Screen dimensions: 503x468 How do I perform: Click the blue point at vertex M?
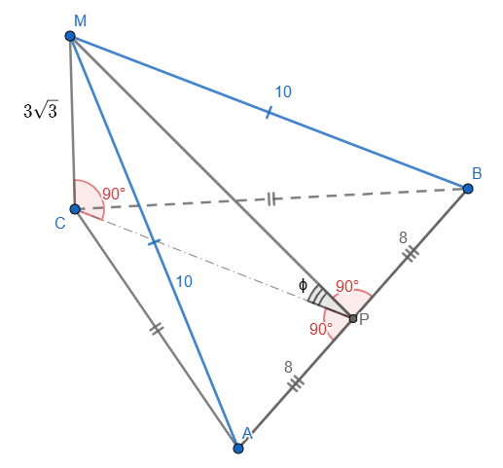pyautogui.click(x=70, y=36)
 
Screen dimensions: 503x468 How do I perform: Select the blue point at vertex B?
pyautogui.click(x=468, y=189)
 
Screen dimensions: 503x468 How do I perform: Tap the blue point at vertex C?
pyautogui.click(x=75, y=209)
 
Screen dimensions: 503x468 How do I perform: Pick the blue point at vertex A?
pyautogui.click(x=238, y=449)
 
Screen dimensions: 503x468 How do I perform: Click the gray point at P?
pyautogui.click(x=353, y=318)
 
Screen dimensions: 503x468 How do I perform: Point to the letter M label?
pyautogui.click(x=80, y=21)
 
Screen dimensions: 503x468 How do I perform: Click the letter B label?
pyautogui.click(x=477, y=173)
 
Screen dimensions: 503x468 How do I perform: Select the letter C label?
pyautogui.click(x=60, y=224)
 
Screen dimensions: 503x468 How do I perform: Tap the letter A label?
pyautogui.click(x=247, y=433)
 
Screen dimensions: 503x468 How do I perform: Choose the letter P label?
pyautogui.click(x=364, y=319)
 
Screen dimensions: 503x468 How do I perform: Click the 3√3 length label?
pyautogui.click(x=41, y=110)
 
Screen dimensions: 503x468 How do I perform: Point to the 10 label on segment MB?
pyautogui.click(x=283, y=91)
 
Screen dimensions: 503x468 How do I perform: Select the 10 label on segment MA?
pyautogui.click(x=184, y=281)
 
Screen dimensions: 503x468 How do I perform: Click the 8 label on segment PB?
pyautogui.click(x=403, y=237)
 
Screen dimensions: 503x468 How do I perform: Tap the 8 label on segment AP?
pyautogui.click(x=288, y=368)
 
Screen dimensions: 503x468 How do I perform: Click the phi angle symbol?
pyautogui.click(x=303, y=285)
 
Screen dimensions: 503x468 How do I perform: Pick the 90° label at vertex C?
pyautogui.click(x=114, y=194)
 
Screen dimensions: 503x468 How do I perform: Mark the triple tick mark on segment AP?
pyautogui.click(x=296, y=382)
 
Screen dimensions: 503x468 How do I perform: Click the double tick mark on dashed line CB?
pyautogui.click(x=271, y=198)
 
